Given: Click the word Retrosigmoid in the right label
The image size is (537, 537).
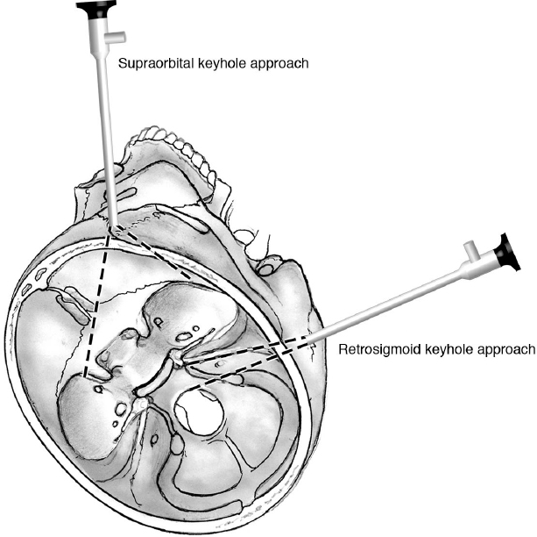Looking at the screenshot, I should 373,349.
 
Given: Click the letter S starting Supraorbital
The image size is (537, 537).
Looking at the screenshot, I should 120,63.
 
